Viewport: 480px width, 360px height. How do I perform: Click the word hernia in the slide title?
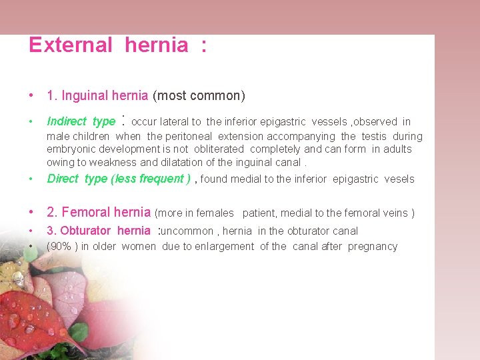pos(156,45)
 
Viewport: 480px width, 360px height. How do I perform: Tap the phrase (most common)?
pos(199,96)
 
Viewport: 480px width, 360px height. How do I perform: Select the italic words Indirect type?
pos(81,121)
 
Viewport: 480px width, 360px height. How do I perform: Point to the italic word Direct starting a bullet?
pos(63,179)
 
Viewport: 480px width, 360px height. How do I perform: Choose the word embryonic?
pos(71,149)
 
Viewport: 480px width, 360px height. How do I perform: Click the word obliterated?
pos(219,149)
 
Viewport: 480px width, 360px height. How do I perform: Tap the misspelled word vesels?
pos(399,179)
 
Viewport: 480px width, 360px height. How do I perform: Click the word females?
pos(214,213)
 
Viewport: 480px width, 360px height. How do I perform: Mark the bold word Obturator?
pos(85,231)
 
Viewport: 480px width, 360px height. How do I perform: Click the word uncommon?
pos(188,231)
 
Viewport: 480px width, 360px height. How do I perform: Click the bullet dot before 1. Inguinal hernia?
pos(31,96)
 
